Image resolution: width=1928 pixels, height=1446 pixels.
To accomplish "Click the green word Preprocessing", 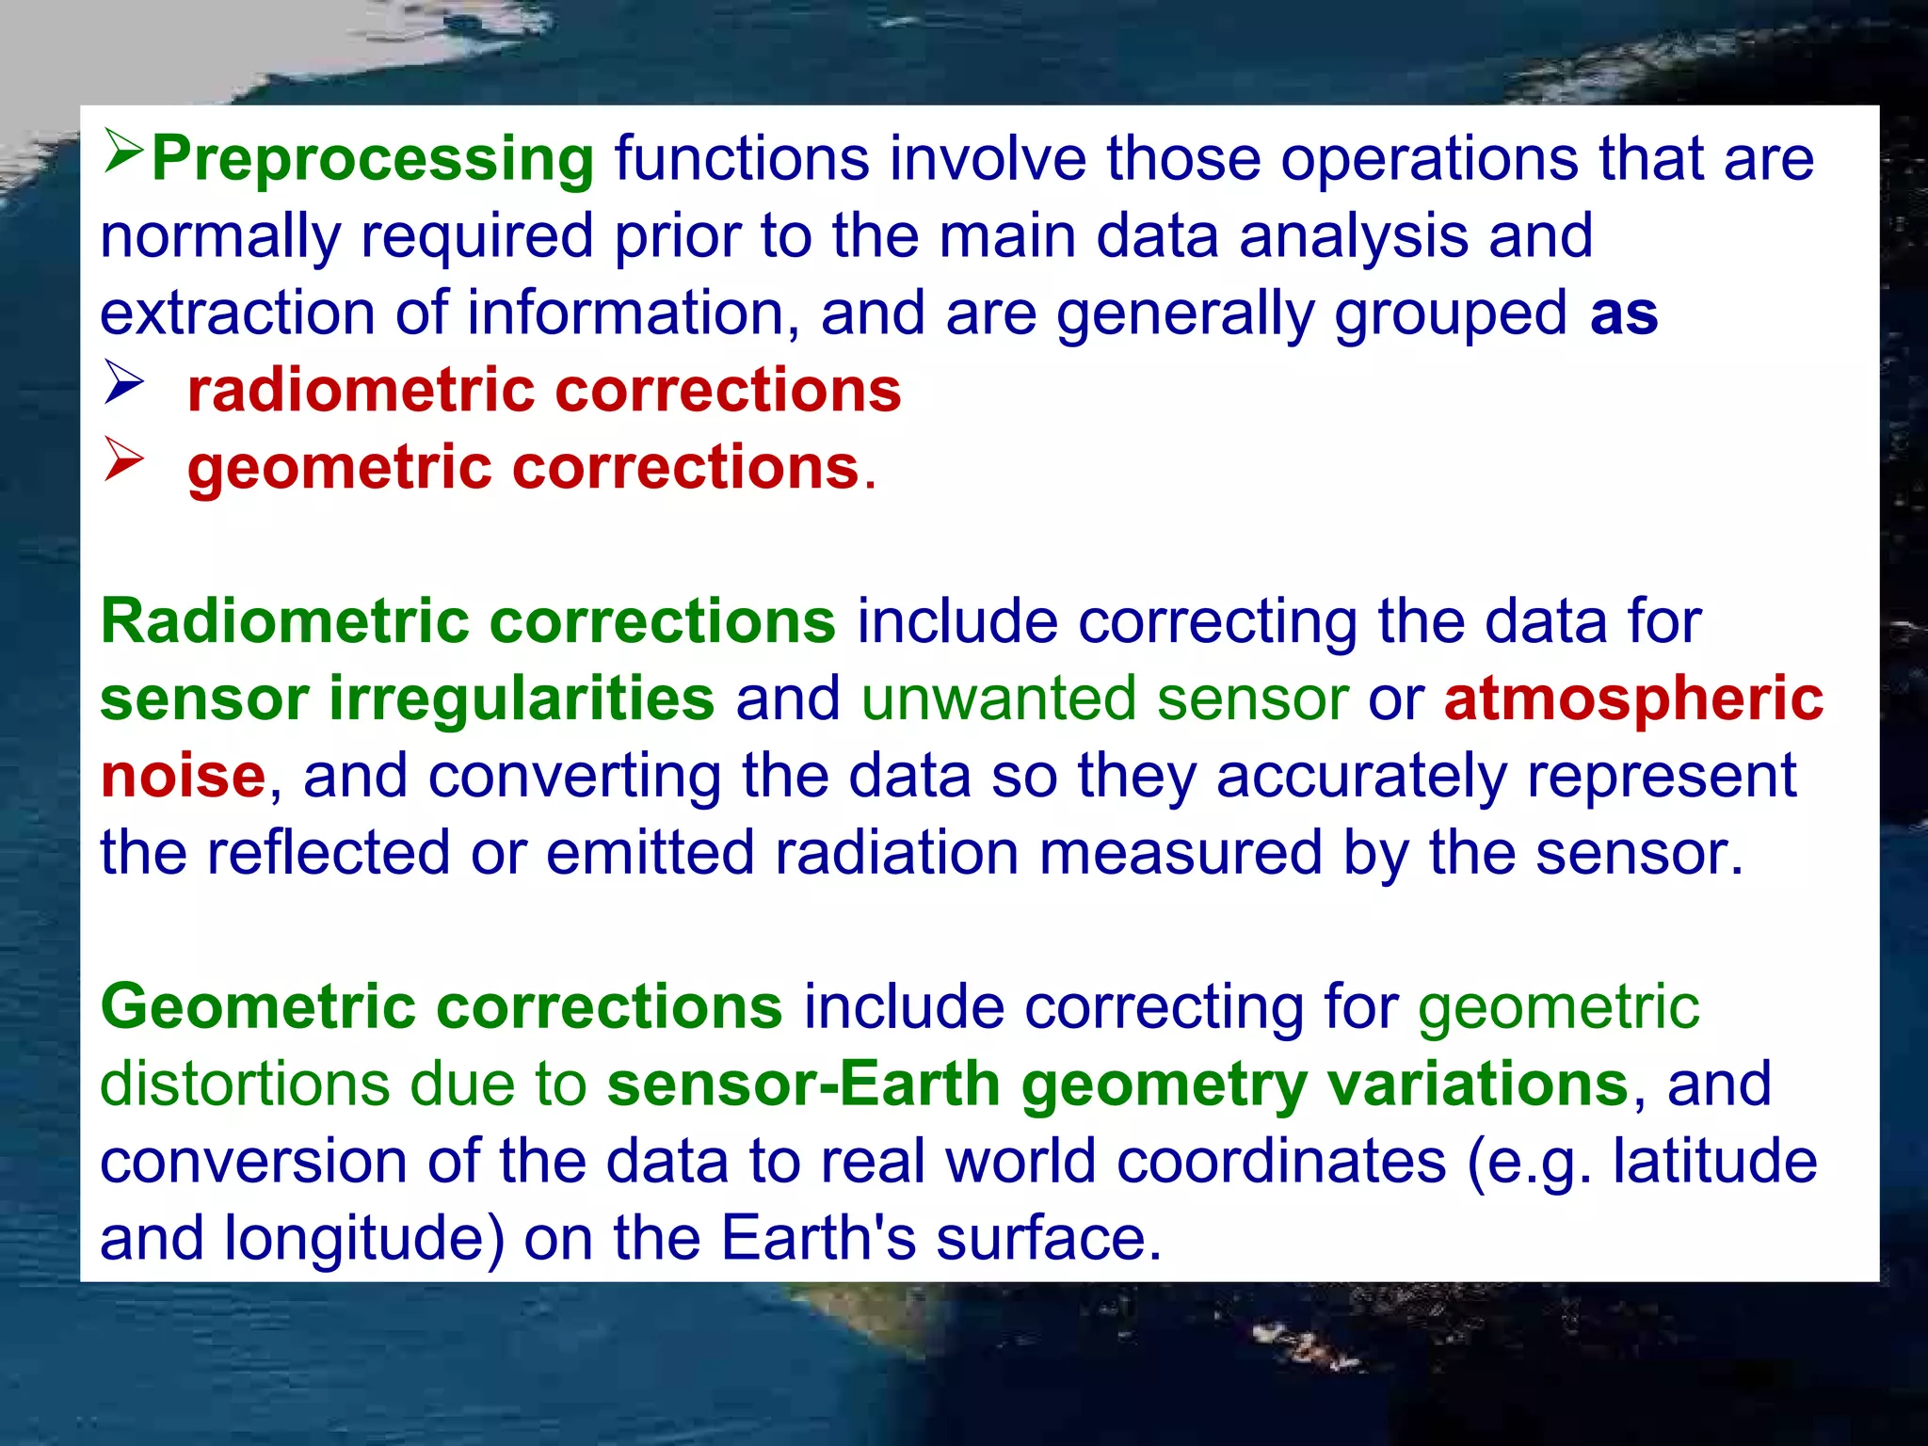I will click(x=373, y=160).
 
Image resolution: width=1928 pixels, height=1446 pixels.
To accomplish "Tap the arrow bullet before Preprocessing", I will click(x=123, y=152).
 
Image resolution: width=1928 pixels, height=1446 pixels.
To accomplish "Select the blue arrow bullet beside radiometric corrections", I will click(x=123, y=382).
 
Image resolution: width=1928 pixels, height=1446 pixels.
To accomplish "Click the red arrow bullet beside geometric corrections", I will click(x=123, y=459).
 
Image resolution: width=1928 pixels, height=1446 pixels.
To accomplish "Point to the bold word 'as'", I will click(x=1624, y=314).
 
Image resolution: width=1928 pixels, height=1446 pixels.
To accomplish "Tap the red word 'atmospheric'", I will click(x=1633, y=699).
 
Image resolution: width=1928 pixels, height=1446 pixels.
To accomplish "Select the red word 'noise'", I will click(x=183, y=778).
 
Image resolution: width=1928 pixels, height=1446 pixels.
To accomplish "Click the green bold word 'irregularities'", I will click(x=522, y=699).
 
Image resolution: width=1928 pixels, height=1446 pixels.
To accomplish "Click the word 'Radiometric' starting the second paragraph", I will click(x=284, y=622).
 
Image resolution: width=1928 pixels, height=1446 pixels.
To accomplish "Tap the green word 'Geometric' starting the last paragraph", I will click(x=258, y=1007).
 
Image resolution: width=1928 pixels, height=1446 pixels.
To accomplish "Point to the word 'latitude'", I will click(x=1714, y=1162).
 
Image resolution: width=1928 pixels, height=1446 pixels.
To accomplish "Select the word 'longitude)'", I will click(x=364, y=1239).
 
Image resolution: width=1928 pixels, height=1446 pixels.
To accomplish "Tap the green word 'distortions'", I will click(x=244, y=1084).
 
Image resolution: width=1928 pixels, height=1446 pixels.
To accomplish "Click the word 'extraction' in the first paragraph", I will click(x=237, y=314).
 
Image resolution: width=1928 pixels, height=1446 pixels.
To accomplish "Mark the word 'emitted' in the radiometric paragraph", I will click(x=650, y=854).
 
